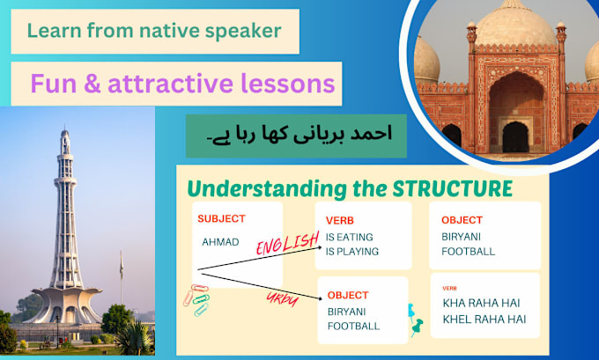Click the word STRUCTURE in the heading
coord(452,188)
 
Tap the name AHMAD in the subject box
coord(220,242)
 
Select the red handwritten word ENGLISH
coord(288,244)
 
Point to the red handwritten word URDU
coord(282,299)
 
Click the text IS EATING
coord(349,237)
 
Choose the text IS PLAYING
coord(351,252)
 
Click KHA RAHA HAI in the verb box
coord(481,303)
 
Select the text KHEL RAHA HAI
coord(484,320)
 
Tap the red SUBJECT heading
coord(221,219)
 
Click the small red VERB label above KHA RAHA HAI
coord(449,288)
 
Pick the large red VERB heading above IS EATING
coord(340,221)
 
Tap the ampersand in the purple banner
coord(92,84)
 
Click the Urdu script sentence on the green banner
coord(299,136)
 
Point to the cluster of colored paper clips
coord(196,300)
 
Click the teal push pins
coord(415,320)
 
